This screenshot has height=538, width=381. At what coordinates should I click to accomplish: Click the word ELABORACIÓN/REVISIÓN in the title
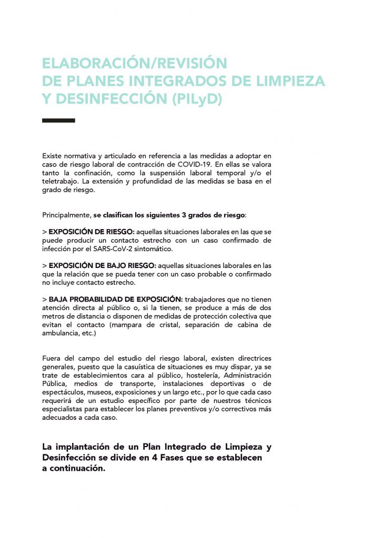tap(134, 64)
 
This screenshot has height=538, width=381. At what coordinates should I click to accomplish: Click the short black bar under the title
tap(58, 121)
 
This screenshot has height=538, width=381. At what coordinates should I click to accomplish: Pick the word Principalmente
tap(66, 215)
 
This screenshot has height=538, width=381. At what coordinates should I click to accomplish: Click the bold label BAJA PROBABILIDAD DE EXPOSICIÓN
tap(116, 299)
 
